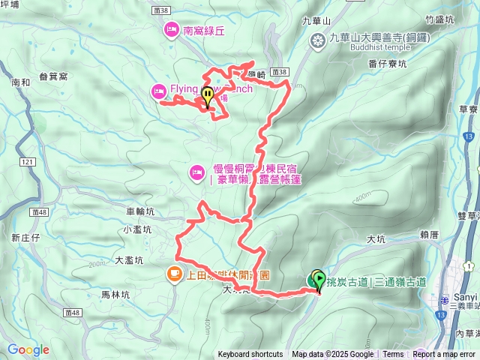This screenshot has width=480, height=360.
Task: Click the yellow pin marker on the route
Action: coord(207,97)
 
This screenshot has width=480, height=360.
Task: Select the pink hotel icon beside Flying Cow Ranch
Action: coord(159,91)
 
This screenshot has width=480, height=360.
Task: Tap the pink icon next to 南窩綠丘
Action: coord(170,31)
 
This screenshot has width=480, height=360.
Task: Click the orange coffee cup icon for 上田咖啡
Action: coord(172,273)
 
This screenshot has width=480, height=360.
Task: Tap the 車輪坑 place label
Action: coord(141,212)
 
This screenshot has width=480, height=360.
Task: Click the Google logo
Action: coord(28,349)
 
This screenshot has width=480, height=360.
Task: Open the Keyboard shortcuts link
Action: coord(250,355)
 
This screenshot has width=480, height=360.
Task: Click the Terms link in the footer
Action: coord(393,355)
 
